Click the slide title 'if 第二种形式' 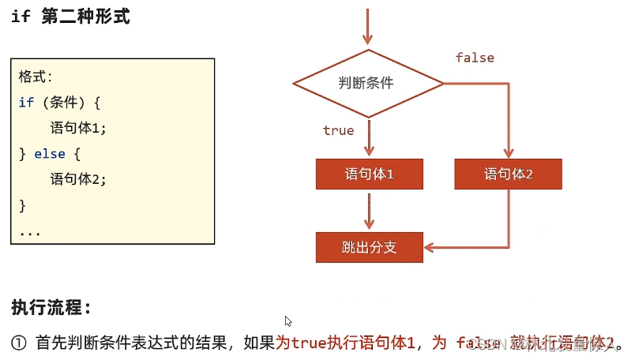pyautogui.click(x=70, y=17)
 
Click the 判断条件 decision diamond pyautogui.click(x=367, y=83)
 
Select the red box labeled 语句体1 pyautogui.click(x=369, y=174)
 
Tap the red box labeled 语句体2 pyautogui.click(x=508, y=174)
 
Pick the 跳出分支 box pyautogui.click(x=369, y=247)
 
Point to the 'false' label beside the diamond pyautogui.click(x=475, y=58)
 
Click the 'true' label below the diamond pyautogui.click(x=338, y=130)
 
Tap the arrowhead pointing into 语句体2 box pyautogui.click(x=508, y=153)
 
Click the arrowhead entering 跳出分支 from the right pyautogui.click(x=429, y=248)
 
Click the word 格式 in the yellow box pyautogui.click(x=35, y=77)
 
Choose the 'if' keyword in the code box pyautogui.click(x=26, y=103)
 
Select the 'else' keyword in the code pyautogui.click(x=50, y=154)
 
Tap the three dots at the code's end pyautogui.click(x=30, y=232)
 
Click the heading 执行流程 pyautogui.click(x=51, y=306)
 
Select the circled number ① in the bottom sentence pyautogui.click(x=20, y=343)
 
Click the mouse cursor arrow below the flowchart pyautogui.click(x=288, y=321)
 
